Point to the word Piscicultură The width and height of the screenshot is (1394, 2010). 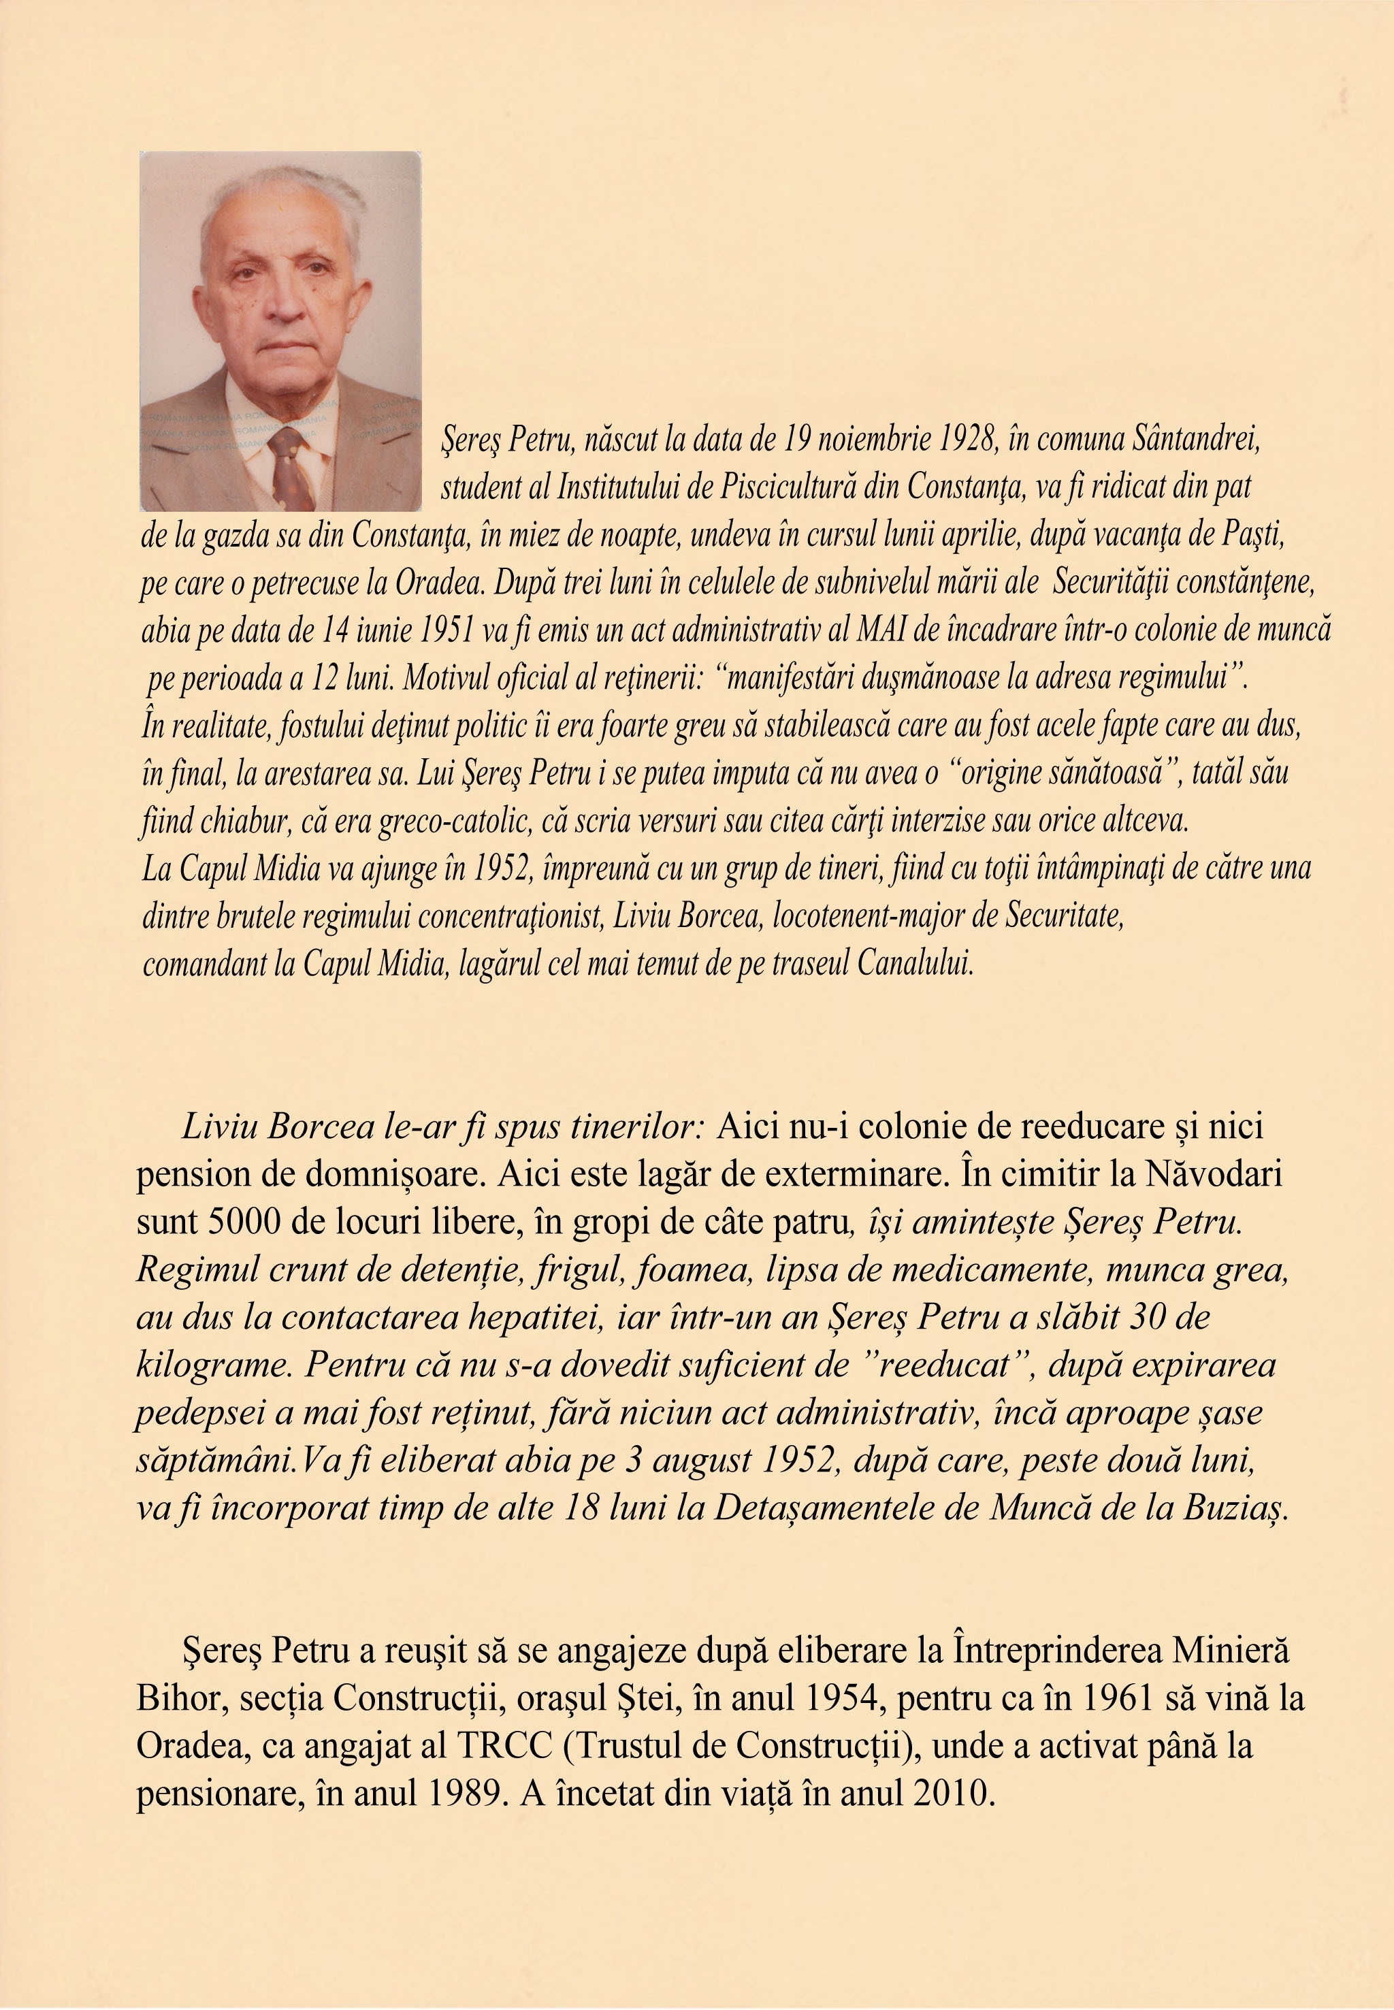click(787, 487)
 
